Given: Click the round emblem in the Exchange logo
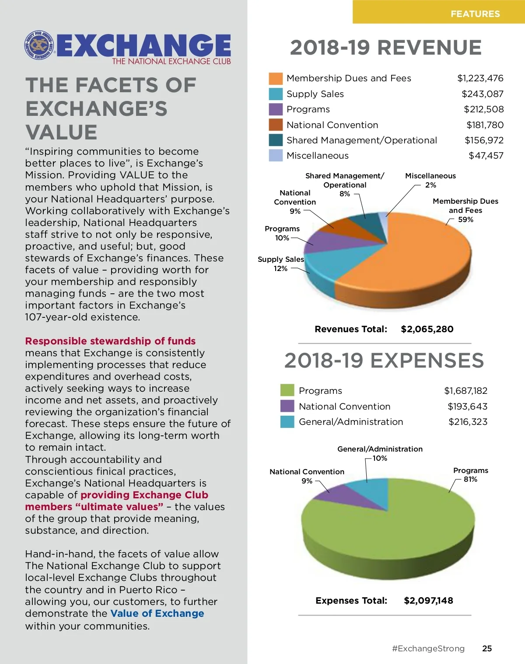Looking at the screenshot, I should (40, 45).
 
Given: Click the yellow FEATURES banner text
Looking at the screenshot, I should (475, 14).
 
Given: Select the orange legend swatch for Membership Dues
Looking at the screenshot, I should (276, 79).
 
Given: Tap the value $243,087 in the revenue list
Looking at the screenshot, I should (482, 94).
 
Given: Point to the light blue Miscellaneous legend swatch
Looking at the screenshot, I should (276, 156).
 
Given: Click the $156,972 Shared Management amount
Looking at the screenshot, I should (484, 140).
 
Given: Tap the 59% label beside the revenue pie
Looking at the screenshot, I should (465, 219).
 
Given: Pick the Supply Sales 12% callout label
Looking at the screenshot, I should (280, 264).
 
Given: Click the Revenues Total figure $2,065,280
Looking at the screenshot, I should (427, 329).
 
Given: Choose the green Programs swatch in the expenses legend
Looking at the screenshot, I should (287, 390).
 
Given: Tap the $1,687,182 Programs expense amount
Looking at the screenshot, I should (465, 391).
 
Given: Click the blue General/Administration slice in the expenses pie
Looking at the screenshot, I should (372, 492).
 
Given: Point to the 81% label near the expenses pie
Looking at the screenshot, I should (470, 480).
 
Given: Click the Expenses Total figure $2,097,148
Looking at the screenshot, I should (428, 601).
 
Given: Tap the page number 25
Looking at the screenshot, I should (487, 648).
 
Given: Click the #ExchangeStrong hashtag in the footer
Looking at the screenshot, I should (428, 648).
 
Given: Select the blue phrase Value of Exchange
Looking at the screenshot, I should (157, 613).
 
